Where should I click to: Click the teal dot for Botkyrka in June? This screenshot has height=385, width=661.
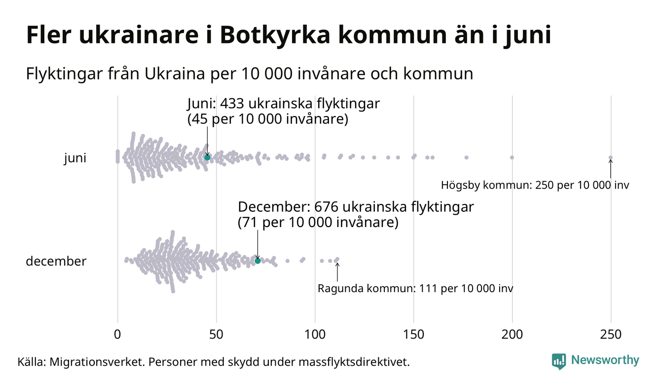pyautogui.click(x=207, y=157)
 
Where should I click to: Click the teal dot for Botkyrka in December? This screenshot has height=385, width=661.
pyautogui.click(x=257, y=261)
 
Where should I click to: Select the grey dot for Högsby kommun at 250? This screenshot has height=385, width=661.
pyautogui.click(x=611, y=158)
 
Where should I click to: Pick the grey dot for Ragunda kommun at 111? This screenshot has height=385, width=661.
pyautogui.click(x=337, y=259)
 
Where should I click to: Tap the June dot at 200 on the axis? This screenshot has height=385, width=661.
pyautogui.click(x=512, y=157)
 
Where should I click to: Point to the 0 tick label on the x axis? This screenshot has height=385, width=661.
pyautogui.click(x=117, y=334)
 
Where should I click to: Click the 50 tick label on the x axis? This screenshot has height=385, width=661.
pyautogui.click(x=216, y=334)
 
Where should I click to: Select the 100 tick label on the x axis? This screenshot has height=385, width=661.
pyautogui.click(x=315, y=334)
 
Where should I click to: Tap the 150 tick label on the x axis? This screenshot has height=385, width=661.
pyautogui.click(x=413, y=334)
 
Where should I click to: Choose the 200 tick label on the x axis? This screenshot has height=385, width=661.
pyautogui.click(x=512, y=334)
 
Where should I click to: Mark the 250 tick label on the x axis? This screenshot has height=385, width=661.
pyautogui.click(x=611, y=334)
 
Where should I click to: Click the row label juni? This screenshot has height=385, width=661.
pyautogui.click(x=75, y=158)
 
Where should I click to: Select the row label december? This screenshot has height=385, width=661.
pyautogui.click(x=56, y=261)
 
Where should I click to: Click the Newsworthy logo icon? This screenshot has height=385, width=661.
pyautogui.click(x=559, y=361)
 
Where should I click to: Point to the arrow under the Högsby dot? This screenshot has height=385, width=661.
pyautogui.click(x=611, y=169)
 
